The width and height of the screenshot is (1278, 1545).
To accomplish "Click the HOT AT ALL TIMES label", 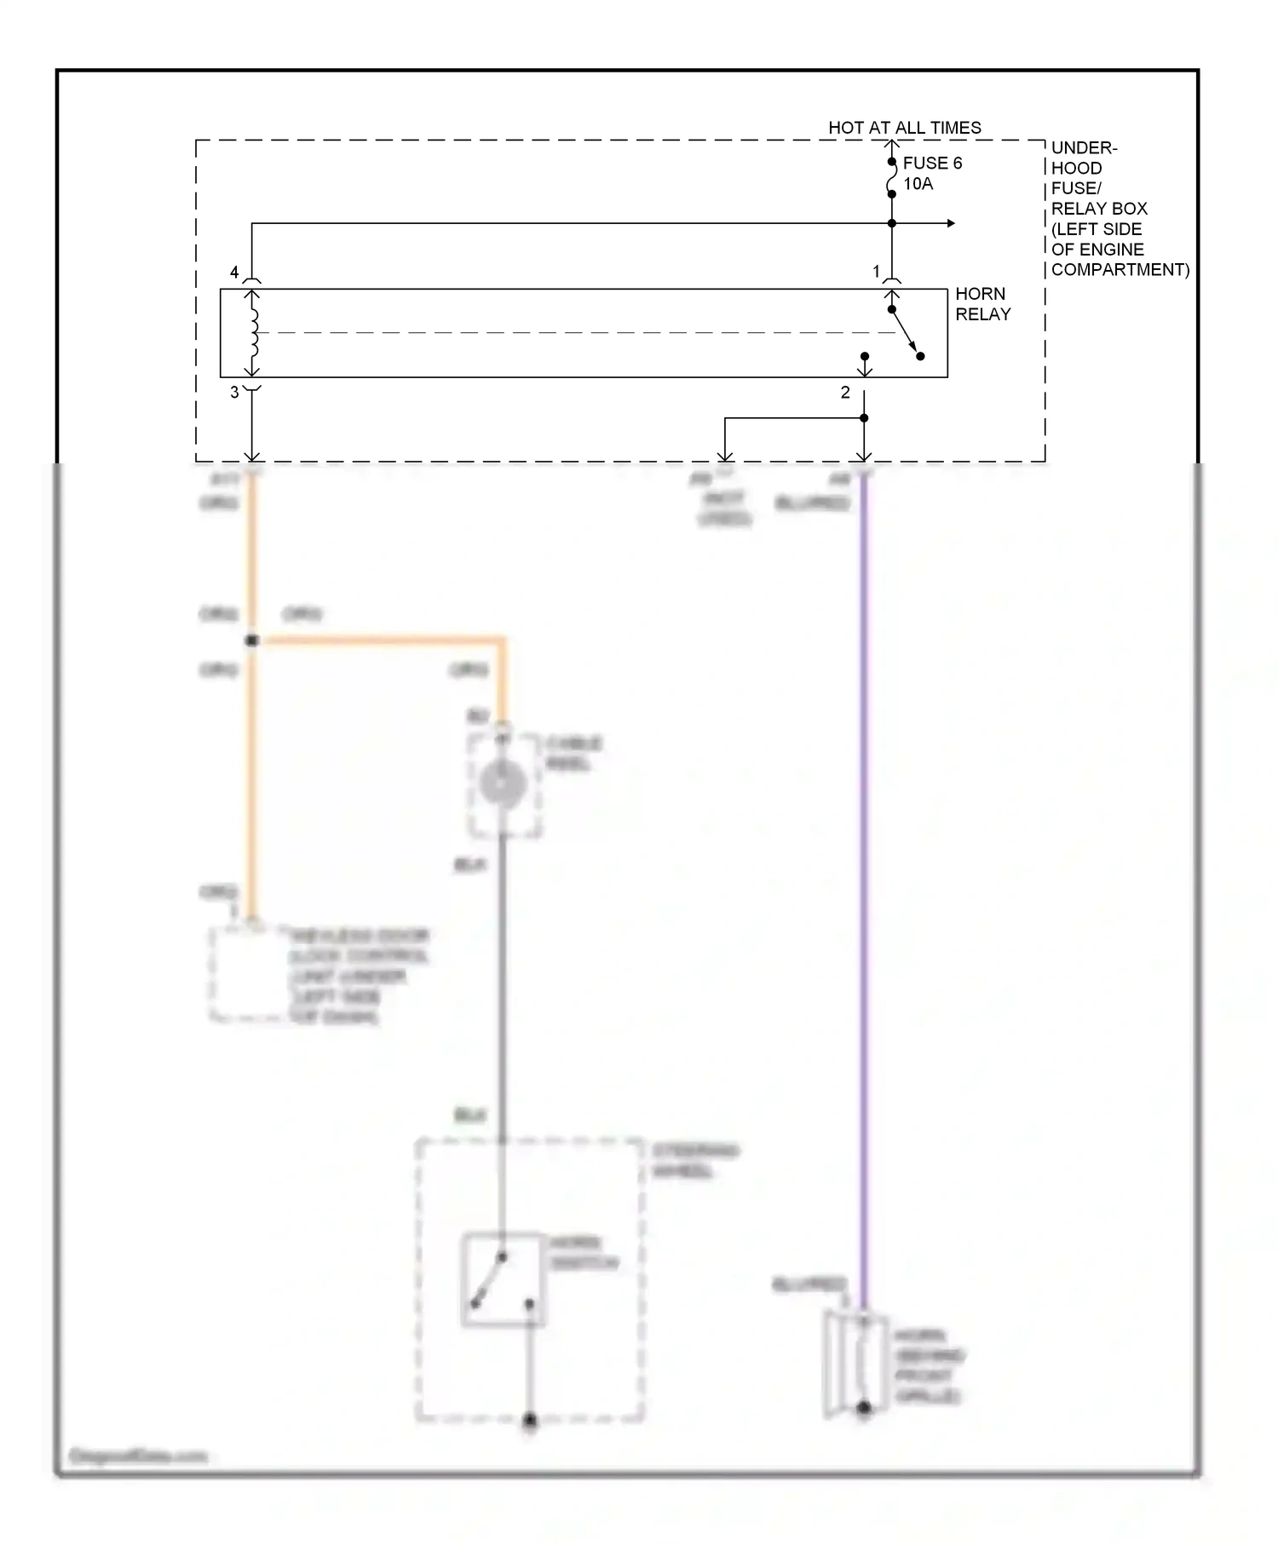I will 904,128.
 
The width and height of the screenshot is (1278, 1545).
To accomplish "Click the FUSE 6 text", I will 932,164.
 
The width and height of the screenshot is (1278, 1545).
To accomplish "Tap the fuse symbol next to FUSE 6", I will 891,178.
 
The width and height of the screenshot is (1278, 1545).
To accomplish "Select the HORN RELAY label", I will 982,304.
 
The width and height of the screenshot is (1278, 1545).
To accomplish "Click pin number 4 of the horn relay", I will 234,273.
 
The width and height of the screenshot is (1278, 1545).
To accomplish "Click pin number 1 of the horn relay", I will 876,272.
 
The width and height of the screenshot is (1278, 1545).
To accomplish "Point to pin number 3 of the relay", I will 234,393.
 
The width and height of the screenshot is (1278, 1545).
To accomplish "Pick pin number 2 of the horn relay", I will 845,393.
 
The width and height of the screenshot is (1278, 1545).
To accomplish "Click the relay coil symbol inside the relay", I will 253,333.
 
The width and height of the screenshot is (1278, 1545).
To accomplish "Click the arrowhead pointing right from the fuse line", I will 950,224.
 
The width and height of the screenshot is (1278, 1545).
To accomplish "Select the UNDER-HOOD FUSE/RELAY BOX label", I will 1099,209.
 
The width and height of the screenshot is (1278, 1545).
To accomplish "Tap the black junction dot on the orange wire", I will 252,640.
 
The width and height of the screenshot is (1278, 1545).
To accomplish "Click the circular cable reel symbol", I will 502,783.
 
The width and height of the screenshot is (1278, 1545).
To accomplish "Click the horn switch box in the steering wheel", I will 503,1280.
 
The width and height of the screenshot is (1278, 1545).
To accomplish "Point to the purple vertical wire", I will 863,894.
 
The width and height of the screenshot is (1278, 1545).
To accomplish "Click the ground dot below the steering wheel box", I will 530,1421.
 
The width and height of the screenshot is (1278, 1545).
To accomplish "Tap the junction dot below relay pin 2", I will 864,418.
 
